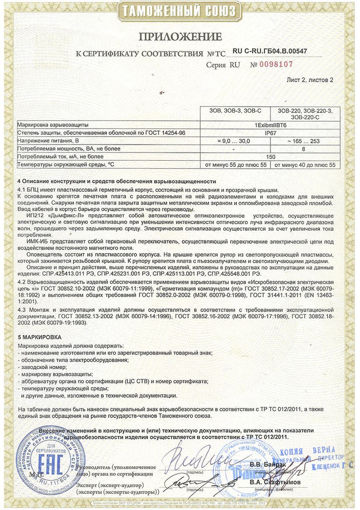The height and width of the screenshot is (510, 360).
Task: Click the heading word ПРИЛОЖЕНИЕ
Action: pyautogui.click(x=180, y=36)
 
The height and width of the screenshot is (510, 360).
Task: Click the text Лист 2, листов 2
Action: pyautogui.click(x=310, y=80)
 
